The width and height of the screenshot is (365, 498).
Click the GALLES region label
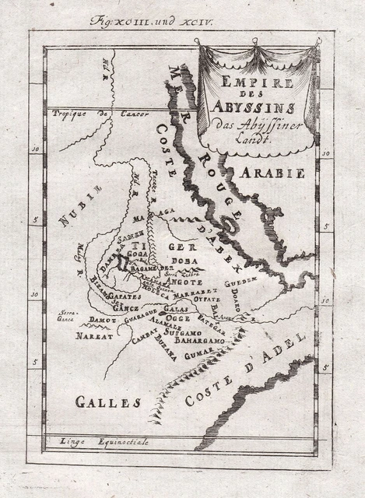107,402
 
